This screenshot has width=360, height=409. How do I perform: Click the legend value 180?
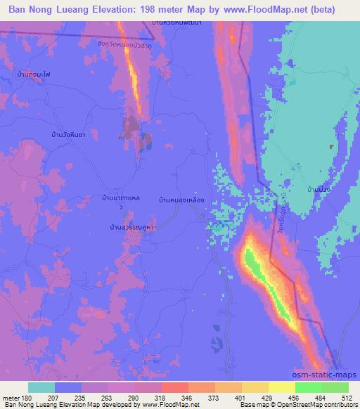(x=27, y=397)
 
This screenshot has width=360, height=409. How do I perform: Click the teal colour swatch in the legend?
(x=41, y=387)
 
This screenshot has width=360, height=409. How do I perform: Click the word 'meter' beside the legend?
(x=11, y=397)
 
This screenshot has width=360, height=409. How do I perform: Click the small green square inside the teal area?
(x=330, y=147)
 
